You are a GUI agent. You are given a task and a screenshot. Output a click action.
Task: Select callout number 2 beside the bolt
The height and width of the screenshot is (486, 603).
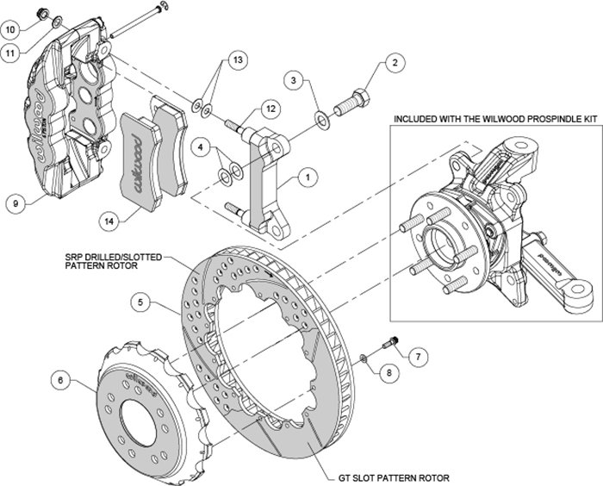pyautogui.click(x=395, y=62)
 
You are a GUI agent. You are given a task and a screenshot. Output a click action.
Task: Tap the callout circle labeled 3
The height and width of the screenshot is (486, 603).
pyautogui.click(x=295, y=80)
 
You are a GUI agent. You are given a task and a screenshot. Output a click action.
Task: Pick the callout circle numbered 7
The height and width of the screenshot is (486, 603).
pyautogui.click(x=418, y=355)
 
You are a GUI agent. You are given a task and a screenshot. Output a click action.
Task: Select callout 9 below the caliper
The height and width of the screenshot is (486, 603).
pyautogui.click(x=16, y=203)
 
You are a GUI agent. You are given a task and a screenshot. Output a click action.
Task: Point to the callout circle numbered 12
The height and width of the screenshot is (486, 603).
pyautogui.click(x=270, y=109)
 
